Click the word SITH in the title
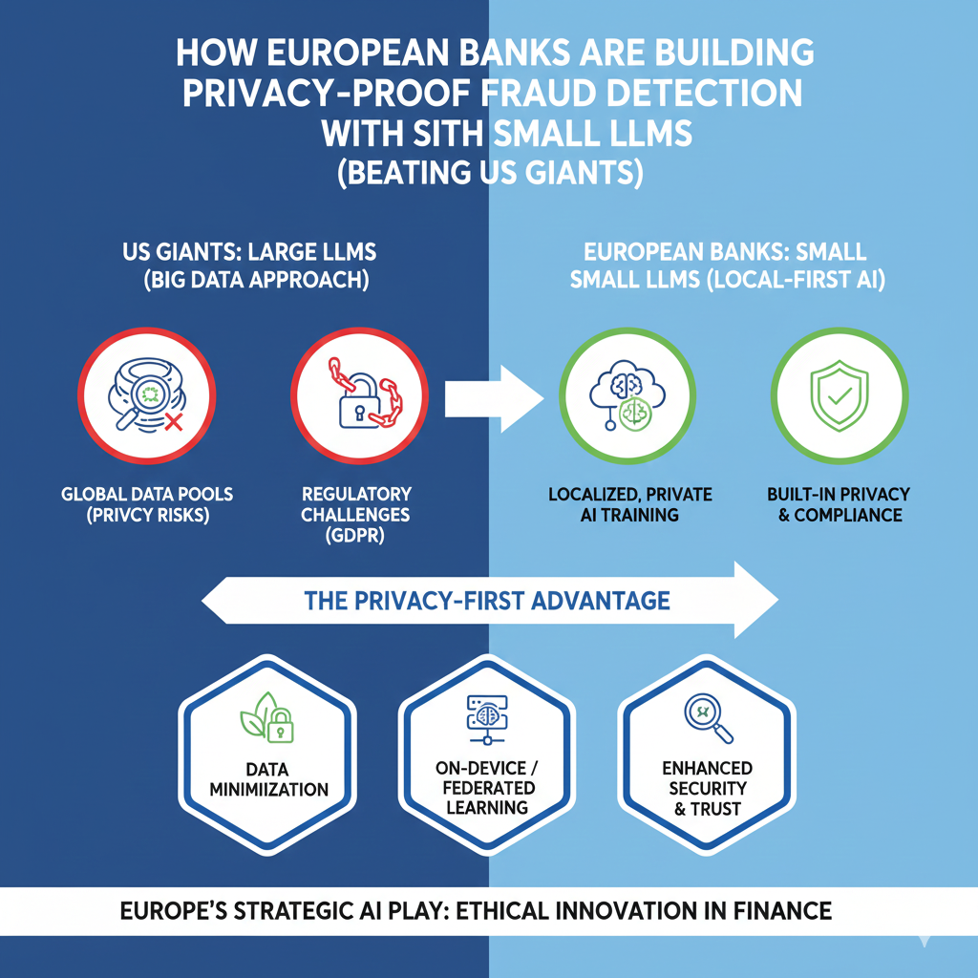(x=447, y=133)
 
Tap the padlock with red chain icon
(x=365, y=393)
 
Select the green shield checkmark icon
(x=839, y=395)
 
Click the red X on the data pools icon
(x=174, y=422)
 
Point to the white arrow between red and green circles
(x=494, y=399)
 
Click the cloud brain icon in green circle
(x=627, y=395)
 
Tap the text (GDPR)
(x=355, y=536)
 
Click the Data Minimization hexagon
(x=267, y=755)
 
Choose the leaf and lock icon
(x=267, y=717)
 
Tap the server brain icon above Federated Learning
(x=487, y=720)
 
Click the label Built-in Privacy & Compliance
(x=839, y=504)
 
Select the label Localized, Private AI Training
(x=630, y=504)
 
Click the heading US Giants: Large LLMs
(x=249, y=252)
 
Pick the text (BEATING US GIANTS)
(x=490, y=173)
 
